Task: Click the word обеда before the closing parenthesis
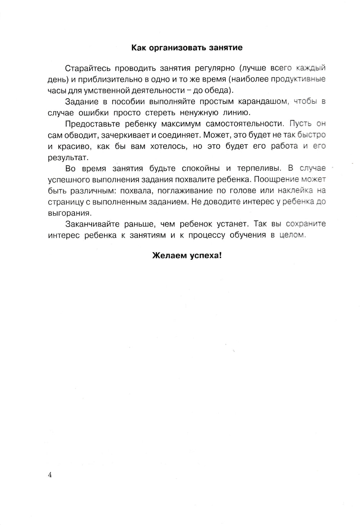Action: [x=217, y=90]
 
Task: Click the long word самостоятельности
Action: [x=245, y=124]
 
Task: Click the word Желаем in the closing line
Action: [x=168, y=256]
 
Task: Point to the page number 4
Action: [x=50, y=475]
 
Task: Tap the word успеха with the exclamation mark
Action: [x=204, y=256]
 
